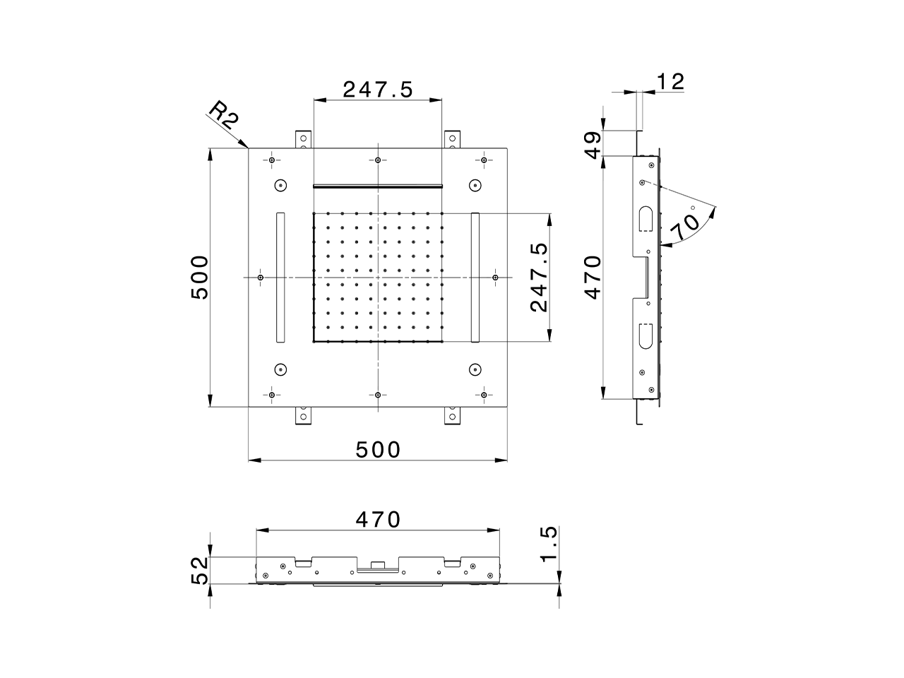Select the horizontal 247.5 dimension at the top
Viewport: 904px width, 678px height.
pos(377,90)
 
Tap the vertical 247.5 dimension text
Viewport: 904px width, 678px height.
pos(540,278)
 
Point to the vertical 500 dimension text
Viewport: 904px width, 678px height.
pos(201,278)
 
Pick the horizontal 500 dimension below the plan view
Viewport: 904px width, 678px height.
pos(377,449)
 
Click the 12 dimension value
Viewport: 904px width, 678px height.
pos(670,82)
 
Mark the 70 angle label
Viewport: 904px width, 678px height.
pos(684,227)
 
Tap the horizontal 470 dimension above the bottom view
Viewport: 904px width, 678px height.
pos(377,520)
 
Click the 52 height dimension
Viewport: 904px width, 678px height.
pos(201,571)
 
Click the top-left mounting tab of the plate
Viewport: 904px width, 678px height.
pos(302,139)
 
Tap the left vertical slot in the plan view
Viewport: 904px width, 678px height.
pos(280,278)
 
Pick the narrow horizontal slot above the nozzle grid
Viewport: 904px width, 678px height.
pos(377,186)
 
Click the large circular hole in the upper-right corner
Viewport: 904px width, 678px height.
pos(475,186)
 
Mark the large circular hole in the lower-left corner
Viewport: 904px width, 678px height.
pos(280,369)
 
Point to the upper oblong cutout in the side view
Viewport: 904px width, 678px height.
pos(646,218)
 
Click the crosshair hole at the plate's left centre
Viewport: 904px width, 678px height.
pos(261,278)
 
